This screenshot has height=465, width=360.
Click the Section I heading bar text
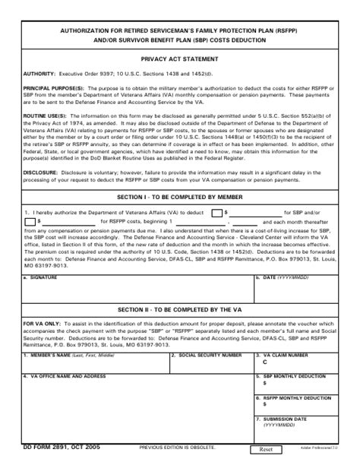(181, 195)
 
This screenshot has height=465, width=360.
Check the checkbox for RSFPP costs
(30, 221)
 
